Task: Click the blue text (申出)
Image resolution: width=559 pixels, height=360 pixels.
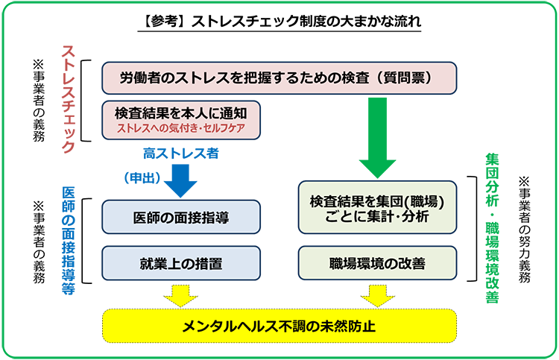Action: (139, 177)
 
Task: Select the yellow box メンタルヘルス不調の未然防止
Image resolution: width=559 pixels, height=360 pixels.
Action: (278, 326)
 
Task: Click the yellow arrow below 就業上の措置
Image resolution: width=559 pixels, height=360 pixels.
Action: (181, 295)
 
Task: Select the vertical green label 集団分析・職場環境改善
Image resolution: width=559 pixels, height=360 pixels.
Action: (491, 228)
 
